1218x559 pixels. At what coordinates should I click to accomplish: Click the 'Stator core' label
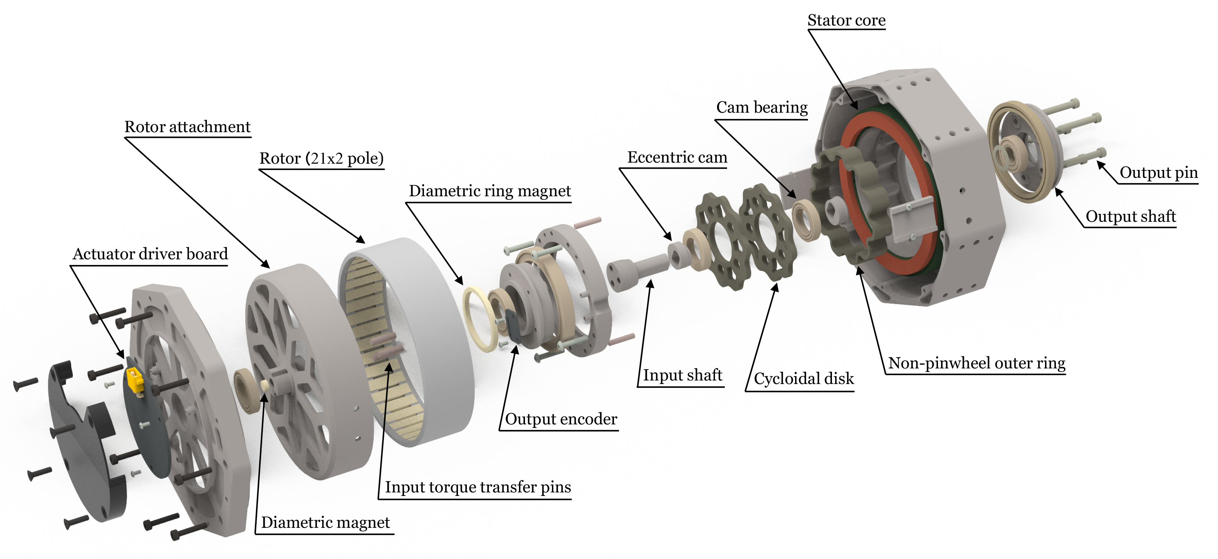pyautogui.click(x=846, y=20)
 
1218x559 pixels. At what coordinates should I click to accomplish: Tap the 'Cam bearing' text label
pyautogui.click(x=762, y=107)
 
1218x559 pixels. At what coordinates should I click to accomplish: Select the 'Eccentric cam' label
pyautogui.click(x=677, y=157)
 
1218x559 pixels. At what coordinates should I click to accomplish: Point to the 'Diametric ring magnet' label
pyautogui.click(x=490, y=191)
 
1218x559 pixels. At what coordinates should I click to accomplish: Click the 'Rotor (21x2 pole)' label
pyautogui.click(x=321, y=158)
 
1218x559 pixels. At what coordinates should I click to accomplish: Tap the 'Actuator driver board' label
pyautogui.click(x=150, y=254)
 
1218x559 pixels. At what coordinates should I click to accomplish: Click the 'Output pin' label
pyautogui.click(x=1158, y=173)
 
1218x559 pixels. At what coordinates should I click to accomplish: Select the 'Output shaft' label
pyautogui.click(x=1130, y=216)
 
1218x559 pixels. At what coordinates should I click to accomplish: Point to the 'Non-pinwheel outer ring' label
pyautogui.click(x=976, y=363)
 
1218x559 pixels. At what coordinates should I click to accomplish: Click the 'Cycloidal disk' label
pyautogui.click(x=803, y=378)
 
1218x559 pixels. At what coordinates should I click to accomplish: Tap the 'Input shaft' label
pyautogui.click(x=682, y=375)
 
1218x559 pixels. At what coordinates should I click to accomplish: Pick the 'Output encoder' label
pyautogui.click(x=561, y=419)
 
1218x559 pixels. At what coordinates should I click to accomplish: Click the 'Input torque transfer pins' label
pyautogui.click(x=477, y=487)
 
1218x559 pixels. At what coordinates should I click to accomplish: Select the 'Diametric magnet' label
pyautogui.click(x=325, y=523)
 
